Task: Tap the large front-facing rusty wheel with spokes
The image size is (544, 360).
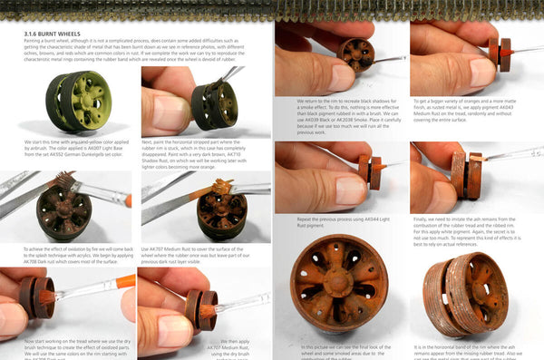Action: point(339,281)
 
